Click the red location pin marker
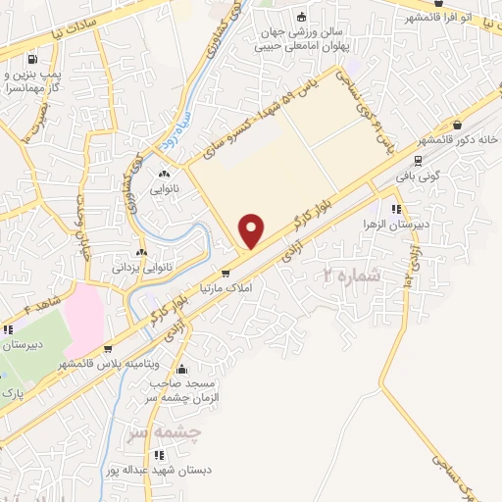(252, 230)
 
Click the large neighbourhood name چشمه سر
(166, 430)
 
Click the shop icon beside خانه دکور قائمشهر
(458, 125)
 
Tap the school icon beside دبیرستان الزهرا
(393, 209)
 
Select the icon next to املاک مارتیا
(226, 275)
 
